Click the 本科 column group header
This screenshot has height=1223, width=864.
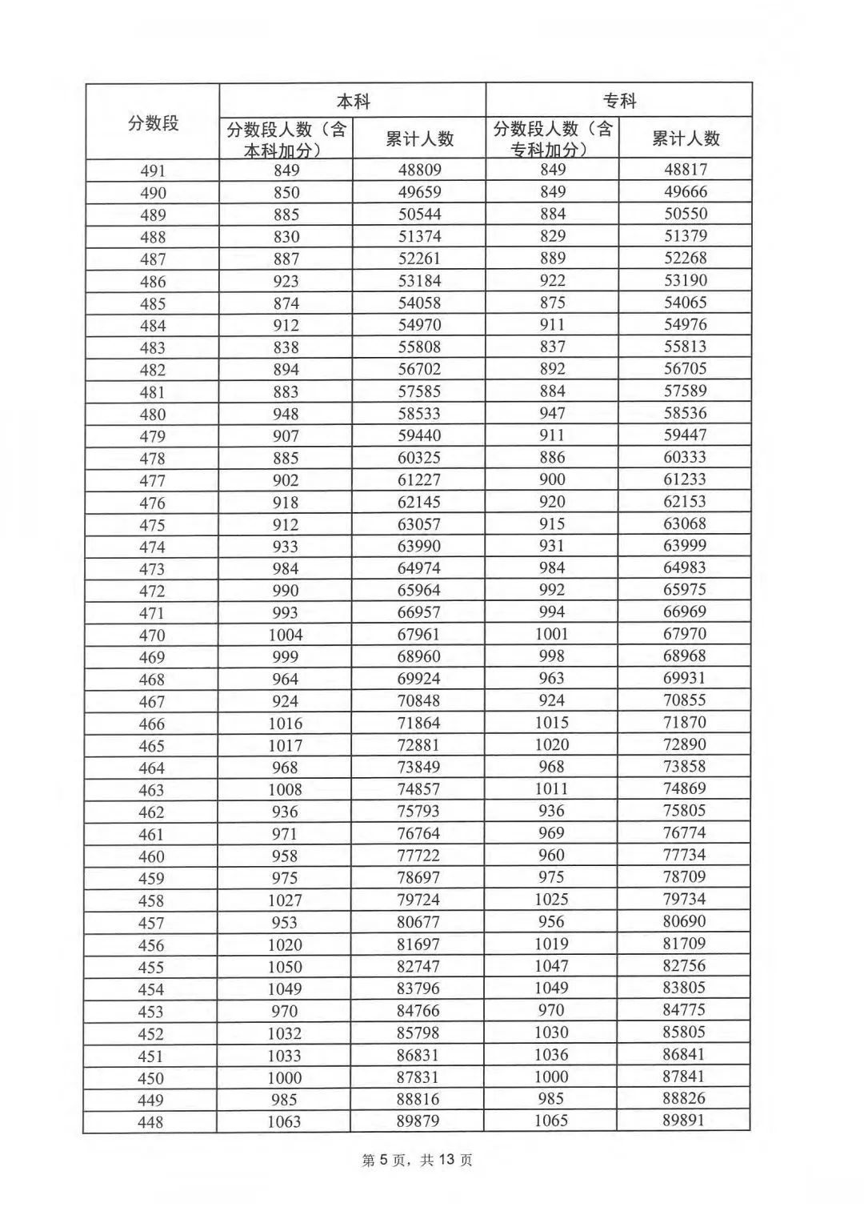(353, 102)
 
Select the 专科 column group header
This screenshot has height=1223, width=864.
(618, 101)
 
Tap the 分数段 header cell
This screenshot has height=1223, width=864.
(153, 122)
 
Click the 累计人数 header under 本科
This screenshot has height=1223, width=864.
(419, 138)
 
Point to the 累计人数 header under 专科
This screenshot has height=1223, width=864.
(686, 138)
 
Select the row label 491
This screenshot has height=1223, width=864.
(153, 170)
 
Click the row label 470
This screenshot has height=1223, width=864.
(152, 636)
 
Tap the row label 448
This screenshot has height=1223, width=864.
(150, 1122)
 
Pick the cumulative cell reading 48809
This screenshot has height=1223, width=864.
(419, 170)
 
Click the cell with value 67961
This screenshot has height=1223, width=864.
(418, 635)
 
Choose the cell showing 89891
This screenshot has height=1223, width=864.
(683, 1121)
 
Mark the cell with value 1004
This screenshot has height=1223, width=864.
(286, 635)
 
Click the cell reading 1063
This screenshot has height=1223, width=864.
(284, 1121)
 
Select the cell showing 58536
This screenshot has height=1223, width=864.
(685, 413)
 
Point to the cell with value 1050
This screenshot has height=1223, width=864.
(285, 967)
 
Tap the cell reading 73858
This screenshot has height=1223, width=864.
(684, 766)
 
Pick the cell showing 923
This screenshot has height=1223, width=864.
(286, 281)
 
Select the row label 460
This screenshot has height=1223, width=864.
(151, 856)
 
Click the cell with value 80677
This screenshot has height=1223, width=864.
(418, 922)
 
